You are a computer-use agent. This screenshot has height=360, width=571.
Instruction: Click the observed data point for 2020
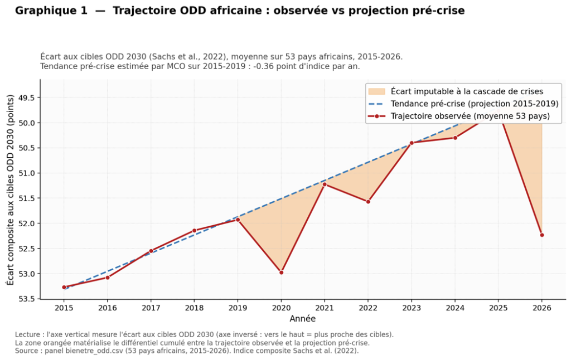pos(281,273)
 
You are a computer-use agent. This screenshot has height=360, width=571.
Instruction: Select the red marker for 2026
pos(542,235)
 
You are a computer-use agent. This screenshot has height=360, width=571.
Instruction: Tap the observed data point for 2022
pos(368,202)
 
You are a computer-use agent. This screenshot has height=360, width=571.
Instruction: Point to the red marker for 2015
pos(64,287)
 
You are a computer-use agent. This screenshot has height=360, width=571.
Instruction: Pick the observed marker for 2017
pos(151,251)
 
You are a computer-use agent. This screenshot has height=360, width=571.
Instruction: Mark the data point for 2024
pos(455,138)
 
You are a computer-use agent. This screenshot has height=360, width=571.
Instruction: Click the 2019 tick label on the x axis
pos(238,308)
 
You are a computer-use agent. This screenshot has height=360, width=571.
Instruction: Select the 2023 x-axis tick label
pos(412,308)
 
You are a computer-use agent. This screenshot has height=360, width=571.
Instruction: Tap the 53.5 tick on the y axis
pos(27,299)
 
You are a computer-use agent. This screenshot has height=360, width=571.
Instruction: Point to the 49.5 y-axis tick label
pos(27,98)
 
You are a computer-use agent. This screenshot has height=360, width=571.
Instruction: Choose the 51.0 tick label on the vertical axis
pos(27,173)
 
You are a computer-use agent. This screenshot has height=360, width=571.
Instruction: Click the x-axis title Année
pos(303,319)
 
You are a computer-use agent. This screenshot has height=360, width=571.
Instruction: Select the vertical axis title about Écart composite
pos(10,190)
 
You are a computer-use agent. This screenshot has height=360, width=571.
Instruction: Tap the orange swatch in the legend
pos(376,91)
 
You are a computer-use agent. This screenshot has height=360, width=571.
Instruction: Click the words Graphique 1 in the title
pos(51,11)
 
